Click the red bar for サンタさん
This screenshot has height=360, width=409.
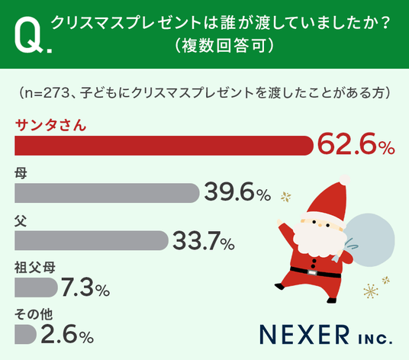pos(164,146)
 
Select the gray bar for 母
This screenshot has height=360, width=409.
pos(107,193)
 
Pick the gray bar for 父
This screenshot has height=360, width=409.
pos(92,240)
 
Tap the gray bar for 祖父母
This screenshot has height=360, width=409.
pos(36,288)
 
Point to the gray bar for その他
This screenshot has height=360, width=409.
pos(25,334)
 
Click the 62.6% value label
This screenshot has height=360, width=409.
pos(356,144)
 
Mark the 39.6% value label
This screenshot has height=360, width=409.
pos(237,192)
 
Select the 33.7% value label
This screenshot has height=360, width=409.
pos(204,240)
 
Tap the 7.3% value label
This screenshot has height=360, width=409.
pos(85,288)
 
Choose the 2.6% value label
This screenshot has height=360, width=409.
pos(67,334)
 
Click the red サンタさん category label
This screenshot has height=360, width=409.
pos(50,125)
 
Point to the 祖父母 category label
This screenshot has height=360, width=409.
pos(34,267)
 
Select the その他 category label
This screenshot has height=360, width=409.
pos(34,314)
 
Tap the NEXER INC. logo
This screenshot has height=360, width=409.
pos(326,335)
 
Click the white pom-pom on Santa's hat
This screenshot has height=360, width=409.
pos(345,180)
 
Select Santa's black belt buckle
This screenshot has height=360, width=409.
pos(311,272)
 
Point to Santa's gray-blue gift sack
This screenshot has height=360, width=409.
pos(370,239)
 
